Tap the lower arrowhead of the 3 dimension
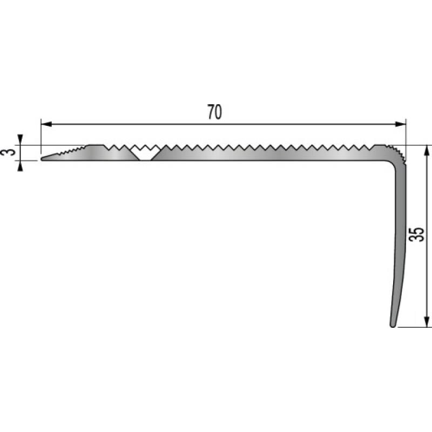[x=20, y=165]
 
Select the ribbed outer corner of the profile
[x=399, y=153]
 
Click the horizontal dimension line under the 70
[x=162, y=124]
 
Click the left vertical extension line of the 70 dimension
[x=41, y=135]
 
